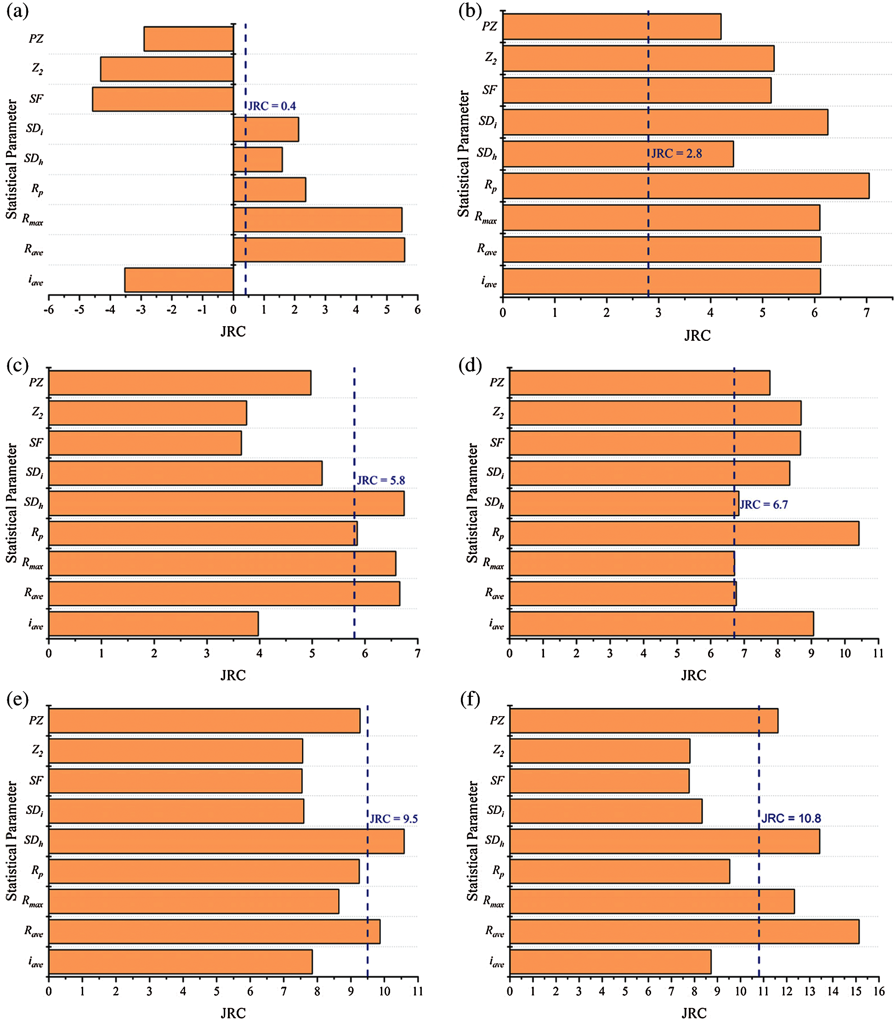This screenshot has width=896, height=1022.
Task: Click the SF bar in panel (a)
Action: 163,99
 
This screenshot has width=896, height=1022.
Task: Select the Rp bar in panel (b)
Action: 686,186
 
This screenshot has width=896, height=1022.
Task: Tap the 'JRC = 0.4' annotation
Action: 272,106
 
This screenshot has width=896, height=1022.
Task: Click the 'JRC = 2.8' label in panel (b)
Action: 676,153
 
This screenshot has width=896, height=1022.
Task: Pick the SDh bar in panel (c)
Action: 226,503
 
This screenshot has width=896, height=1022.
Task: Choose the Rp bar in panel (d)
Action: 684,533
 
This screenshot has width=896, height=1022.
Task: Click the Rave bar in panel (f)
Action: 684,932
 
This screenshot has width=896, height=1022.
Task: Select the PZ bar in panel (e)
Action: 204,721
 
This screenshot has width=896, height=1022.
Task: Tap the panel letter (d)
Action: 470,365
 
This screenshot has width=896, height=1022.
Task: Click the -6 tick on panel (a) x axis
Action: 49,310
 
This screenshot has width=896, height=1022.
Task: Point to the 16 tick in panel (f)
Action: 879,992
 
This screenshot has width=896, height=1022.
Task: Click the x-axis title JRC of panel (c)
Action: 233,675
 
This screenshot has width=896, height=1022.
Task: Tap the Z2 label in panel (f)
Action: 498,751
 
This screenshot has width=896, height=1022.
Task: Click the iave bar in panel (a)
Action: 179,280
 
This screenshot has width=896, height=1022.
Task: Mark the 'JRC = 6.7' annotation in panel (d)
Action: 764,505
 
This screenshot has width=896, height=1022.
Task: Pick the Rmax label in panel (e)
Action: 33,901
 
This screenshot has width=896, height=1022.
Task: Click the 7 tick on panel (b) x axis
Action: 867,313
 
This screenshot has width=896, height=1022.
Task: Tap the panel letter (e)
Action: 17,699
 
